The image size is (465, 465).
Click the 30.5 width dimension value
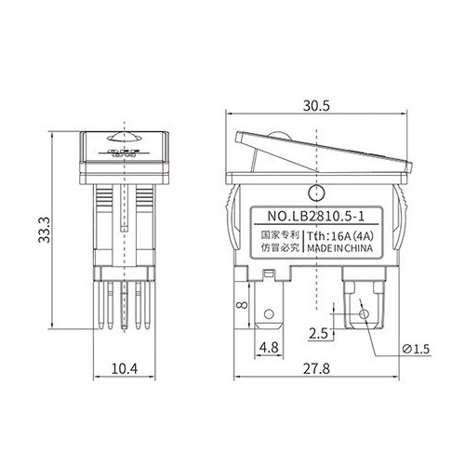click(316, 106)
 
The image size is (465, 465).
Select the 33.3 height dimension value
click(44, 230)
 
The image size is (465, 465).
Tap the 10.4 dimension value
click(125, 368)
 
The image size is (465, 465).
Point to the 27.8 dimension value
click(316, 369)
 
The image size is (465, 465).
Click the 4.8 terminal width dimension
click(269, 348)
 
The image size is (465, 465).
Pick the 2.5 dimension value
click(318, 334)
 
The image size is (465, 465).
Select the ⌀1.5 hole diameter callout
click(416, 349)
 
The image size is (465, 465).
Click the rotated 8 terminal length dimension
click(242, 305)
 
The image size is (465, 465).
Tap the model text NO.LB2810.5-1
click(316, 216)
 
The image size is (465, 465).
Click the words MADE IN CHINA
click(340, 248)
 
